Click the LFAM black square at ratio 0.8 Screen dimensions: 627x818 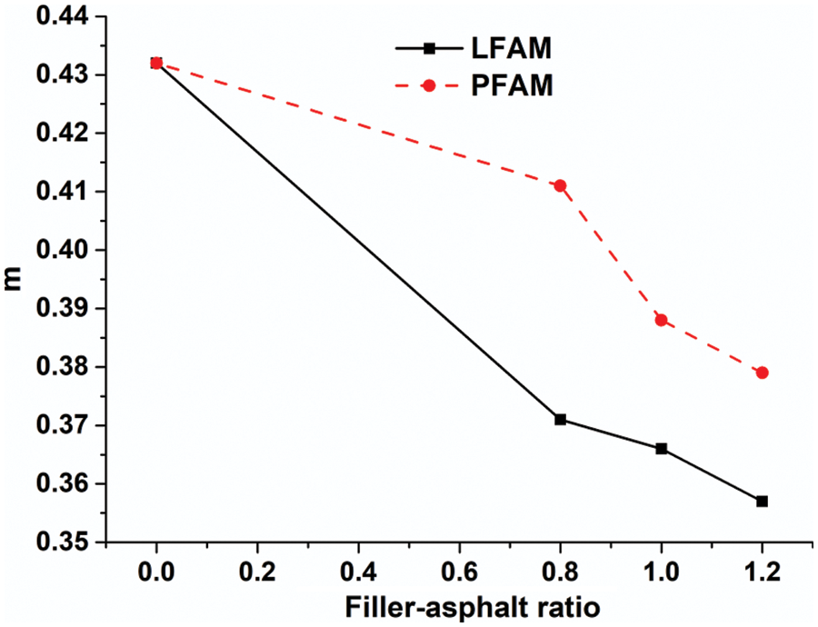coord(560,419)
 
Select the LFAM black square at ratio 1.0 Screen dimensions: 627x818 coord(661,448)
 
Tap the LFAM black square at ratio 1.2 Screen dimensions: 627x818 coord(762,501)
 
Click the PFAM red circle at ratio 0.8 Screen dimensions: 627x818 coord(560,185)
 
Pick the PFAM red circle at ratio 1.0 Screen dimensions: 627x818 coord(661,320)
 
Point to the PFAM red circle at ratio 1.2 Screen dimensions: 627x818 coord(762,373)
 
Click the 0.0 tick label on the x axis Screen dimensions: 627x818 coord(156,572)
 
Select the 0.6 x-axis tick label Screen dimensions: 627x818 coord(459,572)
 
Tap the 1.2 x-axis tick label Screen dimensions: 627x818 coord(762,572)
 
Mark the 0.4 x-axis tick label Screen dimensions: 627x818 coord(358,572)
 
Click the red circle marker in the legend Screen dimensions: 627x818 coord(430,85)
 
